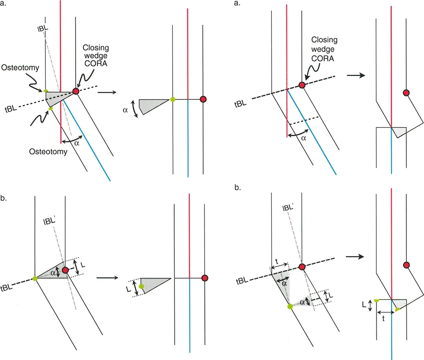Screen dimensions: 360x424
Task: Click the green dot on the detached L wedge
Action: (x=141, y=286)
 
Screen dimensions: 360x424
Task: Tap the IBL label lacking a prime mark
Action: (x=42, y=28)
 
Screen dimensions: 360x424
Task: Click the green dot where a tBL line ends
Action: (x=35, y=278)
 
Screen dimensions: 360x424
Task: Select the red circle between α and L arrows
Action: (x=65, y=270)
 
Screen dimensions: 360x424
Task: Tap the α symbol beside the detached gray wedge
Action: (x=126, y=110)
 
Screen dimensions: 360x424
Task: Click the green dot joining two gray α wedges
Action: (x=290, y=306)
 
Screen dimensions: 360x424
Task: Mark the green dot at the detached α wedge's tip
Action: (x=172, y=100)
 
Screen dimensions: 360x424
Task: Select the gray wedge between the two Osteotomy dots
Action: (x=59, y=97)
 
